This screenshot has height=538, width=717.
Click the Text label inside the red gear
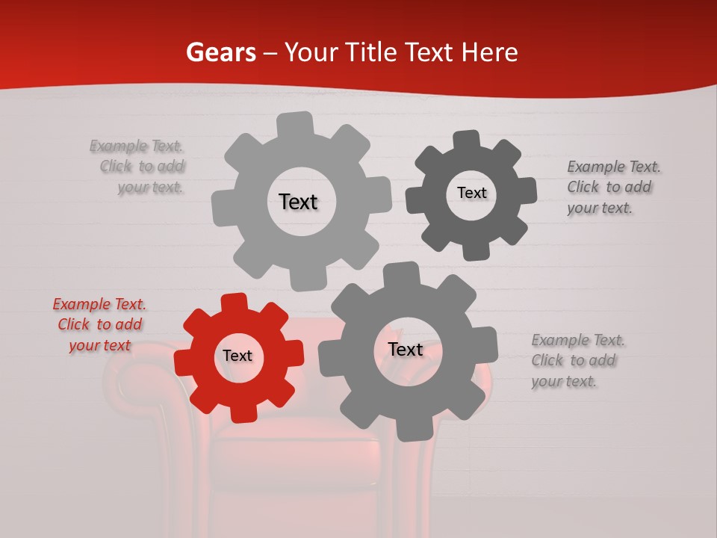(x=238, y=356)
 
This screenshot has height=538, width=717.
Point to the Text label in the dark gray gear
(x=471, y=193)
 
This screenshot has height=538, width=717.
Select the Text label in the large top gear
(x=298, y=202)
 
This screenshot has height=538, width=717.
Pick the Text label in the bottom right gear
(x=406, y=350)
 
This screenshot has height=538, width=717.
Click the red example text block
(x=99, y=324)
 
